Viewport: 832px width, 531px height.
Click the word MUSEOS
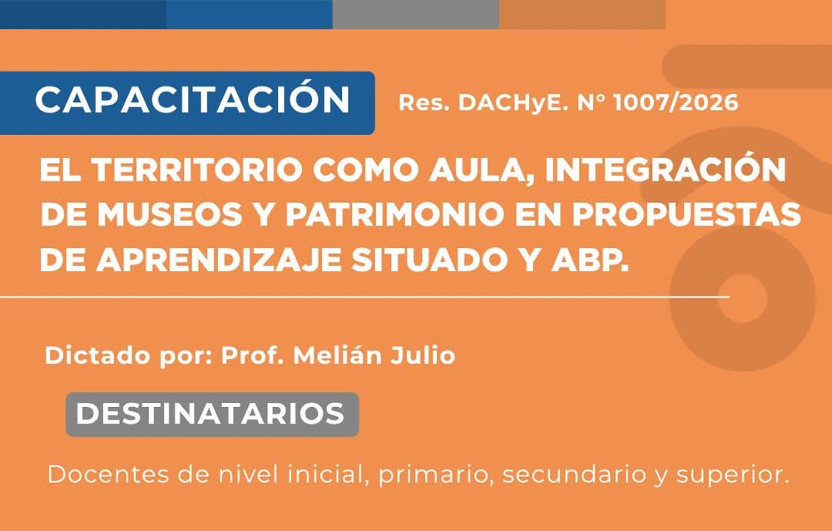pyautogui.click(x=171, y=215)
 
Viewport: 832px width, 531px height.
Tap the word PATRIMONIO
pyautogui.click(x=395, y=215)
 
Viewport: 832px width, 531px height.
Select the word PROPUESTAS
pyautogui.click(x=686, y=215)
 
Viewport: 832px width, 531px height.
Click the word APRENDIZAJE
pyautogui.click(x=219, y=261)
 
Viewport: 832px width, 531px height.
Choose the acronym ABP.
pyautogui.click(x=590, y=261)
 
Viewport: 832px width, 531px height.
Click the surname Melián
pyautogui.click(x=337, y=355)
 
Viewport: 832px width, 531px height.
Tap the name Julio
pyautogui.click(x=423, y=355)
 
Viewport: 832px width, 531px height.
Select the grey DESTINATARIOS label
pyautogui.click(x=212, y=414)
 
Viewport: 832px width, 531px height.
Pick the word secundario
pyautogui.click(x=573, y=474)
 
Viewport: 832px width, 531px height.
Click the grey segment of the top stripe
pyautogui.click(x=416, y=14)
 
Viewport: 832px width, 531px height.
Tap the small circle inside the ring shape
pyautogui.click(x=742, y=299)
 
